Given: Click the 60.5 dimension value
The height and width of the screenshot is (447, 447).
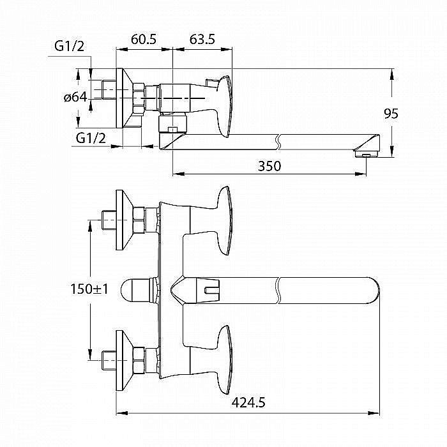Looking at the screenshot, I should (144, 40).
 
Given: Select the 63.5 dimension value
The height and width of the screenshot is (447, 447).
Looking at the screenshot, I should (202, 40).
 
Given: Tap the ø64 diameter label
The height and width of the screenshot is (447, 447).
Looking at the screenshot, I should (75, 97).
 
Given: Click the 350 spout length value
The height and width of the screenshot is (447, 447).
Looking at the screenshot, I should (269, 166).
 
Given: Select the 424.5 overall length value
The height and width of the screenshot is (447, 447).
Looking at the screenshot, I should (249, 402).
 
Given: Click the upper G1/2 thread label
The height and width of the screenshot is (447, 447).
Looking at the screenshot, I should (70, 46).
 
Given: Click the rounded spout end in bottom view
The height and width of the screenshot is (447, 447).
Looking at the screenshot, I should (370, 291).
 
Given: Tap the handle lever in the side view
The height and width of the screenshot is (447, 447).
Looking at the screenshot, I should (224, 102).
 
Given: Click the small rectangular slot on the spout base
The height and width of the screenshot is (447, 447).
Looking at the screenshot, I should (209, 292).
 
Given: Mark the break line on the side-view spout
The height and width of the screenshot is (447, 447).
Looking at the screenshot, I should (279, 140).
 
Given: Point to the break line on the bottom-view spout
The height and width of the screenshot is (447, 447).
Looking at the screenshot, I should (279, 291).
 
